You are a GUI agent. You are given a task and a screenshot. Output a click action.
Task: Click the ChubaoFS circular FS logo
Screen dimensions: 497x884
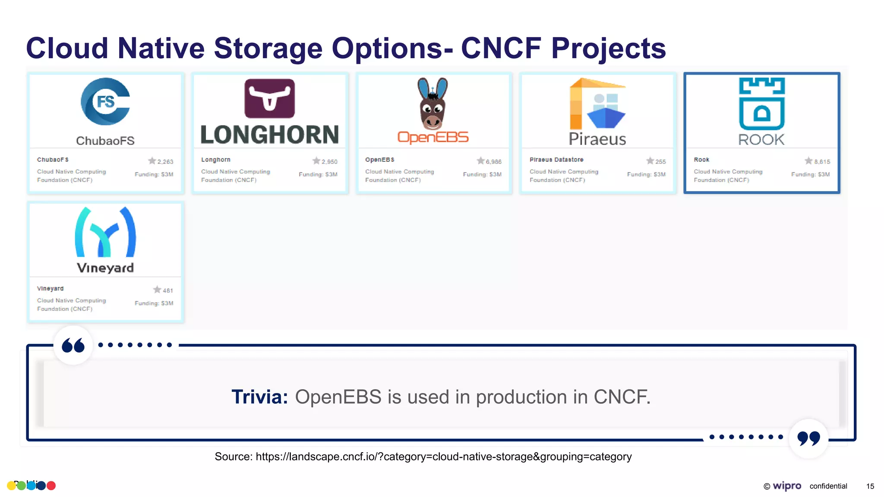pyautogui.click(x=105, y=101)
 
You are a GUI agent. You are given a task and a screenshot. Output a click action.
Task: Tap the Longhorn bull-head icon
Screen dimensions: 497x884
pyautogui.click(x=270, y=98)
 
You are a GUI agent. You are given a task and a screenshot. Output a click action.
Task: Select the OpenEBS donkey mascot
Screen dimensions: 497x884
pyautogui.click(x=433, y=104)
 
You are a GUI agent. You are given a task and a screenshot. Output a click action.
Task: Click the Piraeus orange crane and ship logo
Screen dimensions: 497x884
pyautogui.click(x=597, y=104)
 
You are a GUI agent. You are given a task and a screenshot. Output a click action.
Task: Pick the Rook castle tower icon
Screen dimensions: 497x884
pyautogui.click(x=762, y=104)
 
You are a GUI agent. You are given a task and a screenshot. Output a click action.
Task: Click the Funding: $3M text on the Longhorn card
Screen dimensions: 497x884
pyautogui.click(x=318, y=174)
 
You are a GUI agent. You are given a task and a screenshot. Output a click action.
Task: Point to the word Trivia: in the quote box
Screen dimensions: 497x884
pyautogui.click(x=259, y=396)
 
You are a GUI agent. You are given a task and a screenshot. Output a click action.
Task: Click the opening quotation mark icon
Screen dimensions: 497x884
pyautogui.click(x=73, y=346)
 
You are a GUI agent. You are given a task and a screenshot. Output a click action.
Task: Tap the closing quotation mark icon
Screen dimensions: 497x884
pyautogui.click(x=808, y=438)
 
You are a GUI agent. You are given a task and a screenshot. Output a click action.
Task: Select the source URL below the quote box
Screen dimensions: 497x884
pyautogui.click(x=443, y=456)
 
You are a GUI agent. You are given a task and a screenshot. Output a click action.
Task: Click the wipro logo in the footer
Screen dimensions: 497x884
pyautogui.click(x=786, y=486)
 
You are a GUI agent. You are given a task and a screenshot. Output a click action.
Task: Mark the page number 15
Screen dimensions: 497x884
pyautogui.click(x=870, y=486)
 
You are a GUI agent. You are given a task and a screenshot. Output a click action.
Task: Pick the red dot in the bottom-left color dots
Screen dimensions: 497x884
pyautogui.click(x=51, y=486)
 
